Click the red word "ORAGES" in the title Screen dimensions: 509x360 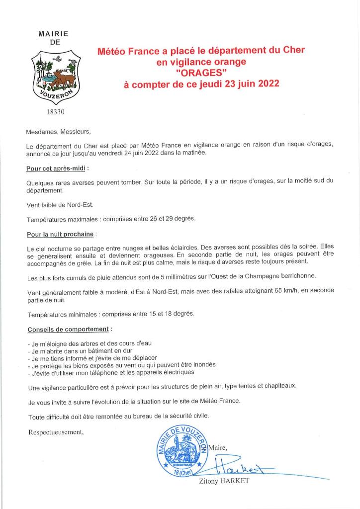[x=201, y=73]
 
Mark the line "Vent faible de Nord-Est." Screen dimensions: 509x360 [x=60, y=205]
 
